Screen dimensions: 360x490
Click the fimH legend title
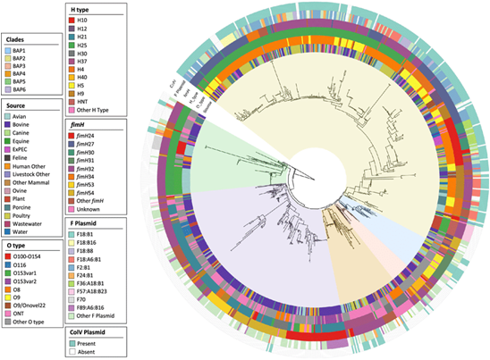tap(81, 124)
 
